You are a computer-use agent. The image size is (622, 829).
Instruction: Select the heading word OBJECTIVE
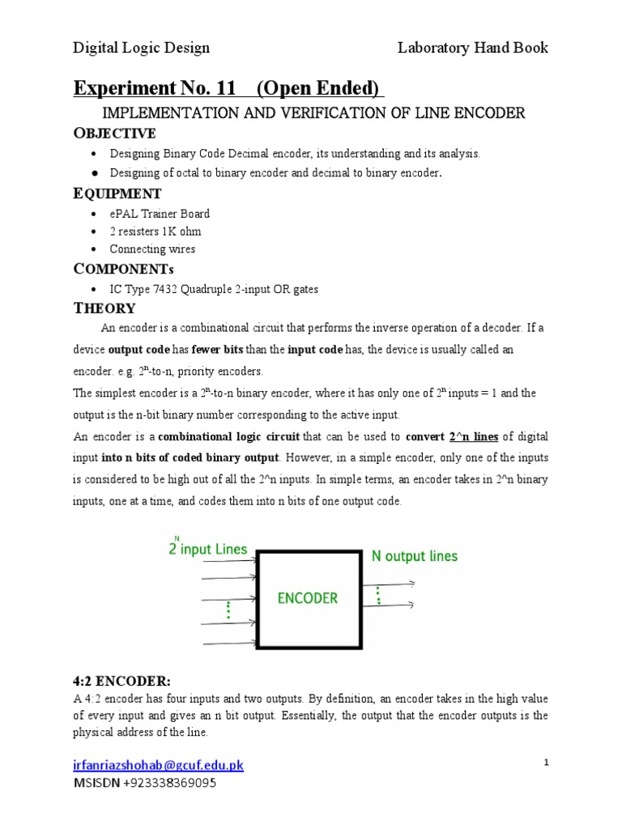[x=114, y=133]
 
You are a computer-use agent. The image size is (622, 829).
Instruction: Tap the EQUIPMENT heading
[x=117, y=193]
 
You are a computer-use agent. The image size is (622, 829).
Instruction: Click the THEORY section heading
[x=104, y=308]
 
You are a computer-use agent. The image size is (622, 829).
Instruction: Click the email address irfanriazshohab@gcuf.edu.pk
[x=158, y=765]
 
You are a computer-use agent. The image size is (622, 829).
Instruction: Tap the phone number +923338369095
[x=170, y=783]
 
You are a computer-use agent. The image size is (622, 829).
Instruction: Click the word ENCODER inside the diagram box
[x=307, y=598]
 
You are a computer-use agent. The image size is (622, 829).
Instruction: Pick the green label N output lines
[x=414, y=556]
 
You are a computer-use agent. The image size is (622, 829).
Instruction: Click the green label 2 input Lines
[x=207, y=548]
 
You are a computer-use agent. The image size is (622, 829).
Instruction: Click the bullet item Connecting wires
[x=153, y=249]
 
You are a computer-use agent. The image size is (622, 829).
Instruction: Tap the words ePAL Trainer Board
[x=160, y=214]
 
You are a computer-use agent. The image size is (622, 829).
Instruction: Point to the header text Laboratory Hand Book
[x=472, y=48]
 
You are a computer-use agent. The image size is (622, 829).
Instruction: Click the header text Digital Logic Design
[x=142, y=48]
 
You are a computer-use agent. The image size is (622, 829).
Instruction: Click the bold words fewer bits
[x=217, y=350]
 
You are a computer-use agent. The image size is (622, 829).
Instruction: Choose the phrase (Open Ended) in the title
[x=324, y=87]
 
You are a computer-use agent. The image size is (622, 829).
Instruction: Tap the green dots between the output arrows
[x=377, y=595]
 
